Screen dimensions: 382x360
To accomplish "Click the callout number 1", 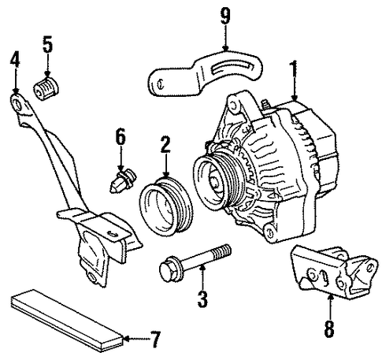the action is click(x=294, y=69).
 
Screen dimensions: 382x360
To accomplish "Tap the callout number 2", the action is click(x=165, y=144).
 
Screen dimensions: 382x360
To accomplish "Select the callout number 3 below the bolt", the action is click(x=202, y=299).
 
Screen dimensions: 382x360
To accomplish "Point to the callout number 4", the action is click(x=15, y=59).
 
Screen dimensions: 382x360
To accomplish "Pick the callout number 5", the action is click(x=47, y=44).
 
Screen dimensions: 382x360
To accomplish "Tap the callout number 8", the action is click(x=329, y=328).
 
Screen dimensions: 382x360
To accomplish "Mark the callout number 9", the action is click(x=225, y=16).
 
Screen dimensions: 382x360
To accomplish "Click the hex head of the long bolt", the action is click(x=167, y=272).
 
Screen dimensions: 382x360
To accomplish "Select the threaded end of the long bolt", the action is click(x=222, y=252).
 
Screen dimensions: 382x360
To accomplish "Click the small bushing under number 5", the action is click(x=46, y=89).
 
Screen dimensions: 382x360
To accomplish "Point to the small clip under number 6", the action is click(x=123, y=180).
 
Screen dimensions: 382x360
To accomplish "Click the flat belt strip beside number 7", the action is click(x=68, y=321).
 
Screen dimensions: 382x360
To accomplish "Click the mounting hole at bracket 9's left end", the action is click(x=161, y=84).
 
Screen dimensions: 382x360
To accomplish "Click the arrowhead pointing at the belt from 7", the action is click(x=127, y=339).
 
